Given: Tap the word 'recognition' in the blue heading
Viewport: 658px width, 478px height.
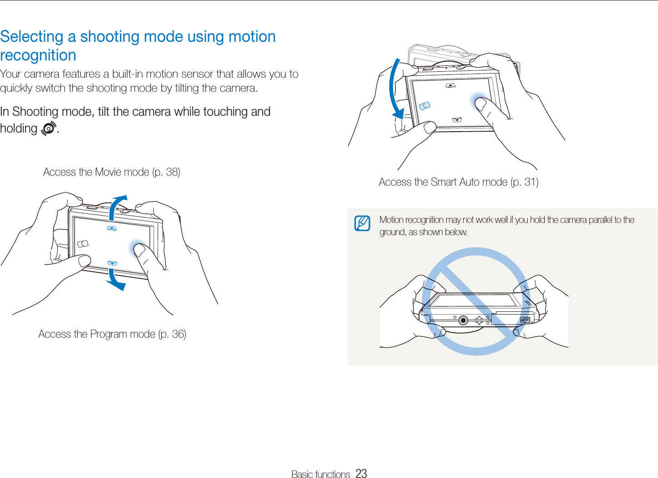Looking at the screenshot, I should tap(38, 55).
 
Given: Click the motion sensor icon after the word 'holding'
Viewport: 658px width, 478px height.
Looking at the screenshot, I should tap(48, 129).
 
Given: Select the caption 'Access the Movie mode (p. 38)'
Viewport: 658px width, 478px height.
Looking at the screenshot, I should tap(112, 172).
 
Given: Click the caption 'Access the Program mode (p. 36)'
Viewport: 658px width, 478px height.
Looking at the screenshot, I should tap(112, 334).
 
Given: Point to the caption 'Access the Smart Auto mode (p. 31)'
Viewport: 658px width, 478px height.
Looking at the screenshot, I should tap(459, 182).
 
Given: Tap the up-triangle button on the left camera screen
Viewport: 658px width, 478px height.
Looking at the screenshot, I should tap(112, 228).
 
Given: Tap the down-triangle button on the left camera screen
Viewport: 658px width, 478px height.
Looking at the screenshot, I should tap(112, 263).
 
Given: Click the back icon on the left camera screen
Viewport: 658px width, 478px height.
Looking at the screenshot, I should tap(83, 244).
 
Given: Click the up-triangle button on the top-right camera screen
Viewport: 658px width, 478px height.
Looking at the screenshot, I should tap(450, 85).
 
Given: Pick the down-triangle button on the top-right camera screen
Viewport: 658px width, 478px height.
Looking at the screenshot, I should tap(457, 120).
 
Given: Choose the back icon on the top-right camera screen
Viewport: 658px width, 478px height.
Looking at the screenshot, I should tap(424, 106).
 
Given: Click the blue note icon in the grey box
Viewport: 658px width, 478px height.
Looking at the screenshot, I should tap(362, 223).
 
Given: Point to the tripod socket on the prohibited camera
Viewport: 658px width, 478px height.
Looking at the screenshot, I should tap(463, 320).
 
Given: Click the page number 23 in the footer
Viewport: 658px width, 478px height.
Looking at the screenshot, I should tap(361, 473).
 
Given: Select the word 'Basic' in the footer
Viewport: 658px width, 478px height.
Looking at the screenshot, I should tap(302, 474).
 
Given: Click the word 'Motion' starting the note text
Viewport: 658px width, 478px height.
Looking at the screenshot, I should tap(391, 220).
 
